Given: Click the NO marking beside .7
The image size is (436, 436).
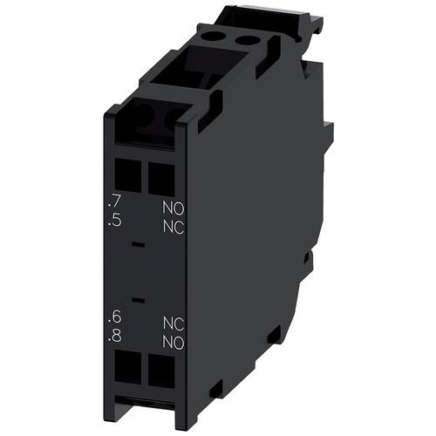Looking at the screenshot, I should pos(173,209).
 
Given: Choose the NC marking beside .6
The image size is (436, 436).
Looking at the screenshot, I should pos(173,321).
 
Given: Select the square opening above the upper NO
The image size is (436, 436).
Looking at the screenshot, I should pos(160,181).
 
